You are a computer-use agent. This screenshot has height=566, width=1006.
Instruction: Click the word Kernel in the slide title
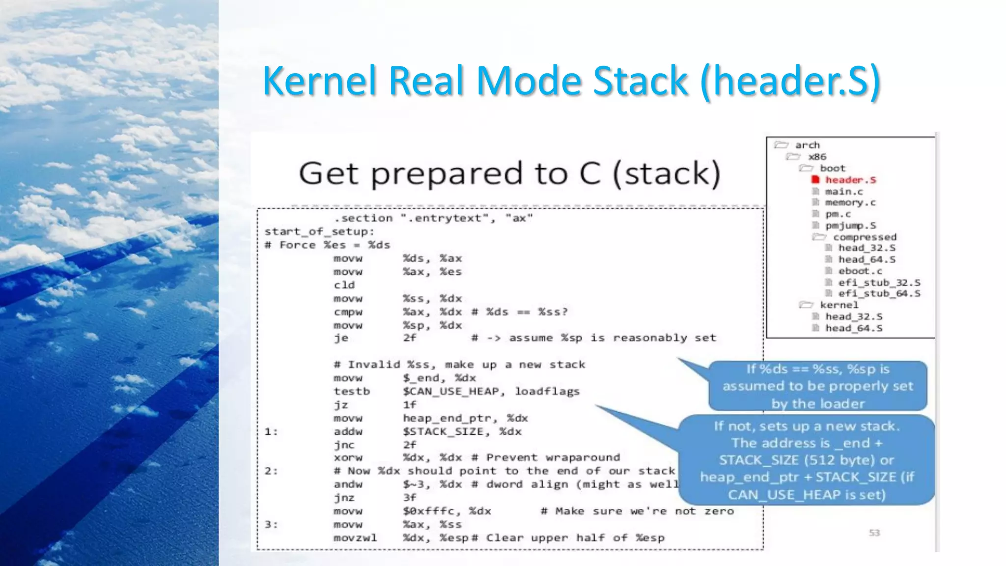(319, 81)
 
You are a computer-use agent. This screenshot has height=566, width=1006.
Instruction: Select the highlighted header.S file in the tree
(850, 180)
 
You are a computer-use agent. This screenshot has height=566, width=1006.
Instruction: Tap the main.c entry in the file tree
(843, 192)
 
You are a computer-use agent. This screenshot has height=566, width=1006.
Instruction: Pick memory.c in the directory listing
(850, 202)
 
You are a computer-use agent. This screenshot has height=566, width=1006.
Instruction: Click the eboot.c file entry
(860, 271)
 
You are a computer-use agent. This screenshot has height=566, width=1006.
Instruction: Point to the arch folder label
(808, 145)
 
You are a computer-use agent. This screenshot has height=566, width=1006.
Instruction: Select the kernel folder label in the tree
(839, 305)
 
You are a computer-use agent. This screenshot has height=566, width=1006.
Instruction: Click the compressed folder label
(865, 237)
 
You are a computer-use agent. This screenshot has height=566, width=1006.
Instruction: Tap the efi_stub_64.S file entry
(879, 293)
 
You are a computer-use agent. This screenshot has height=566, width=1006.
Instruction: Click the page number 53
(874, 533)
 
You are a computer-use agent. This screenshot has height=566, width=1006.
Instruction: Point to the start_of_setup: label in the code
(319, 231)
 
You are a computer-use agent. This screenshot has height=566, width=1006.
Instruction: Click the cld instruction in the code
(344, 285)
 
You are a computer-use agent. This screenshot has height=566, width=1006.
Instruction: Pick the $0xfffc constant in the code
(428, 511)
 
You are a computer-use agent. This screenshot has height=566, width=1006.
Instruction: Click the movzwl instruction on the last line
(355, 538)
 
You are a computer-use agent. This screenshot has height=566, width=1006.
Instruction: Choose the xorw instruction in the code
(348, 457)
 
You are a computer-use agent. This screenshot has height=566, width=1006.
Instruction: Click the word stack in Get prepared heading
(667, 173)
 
